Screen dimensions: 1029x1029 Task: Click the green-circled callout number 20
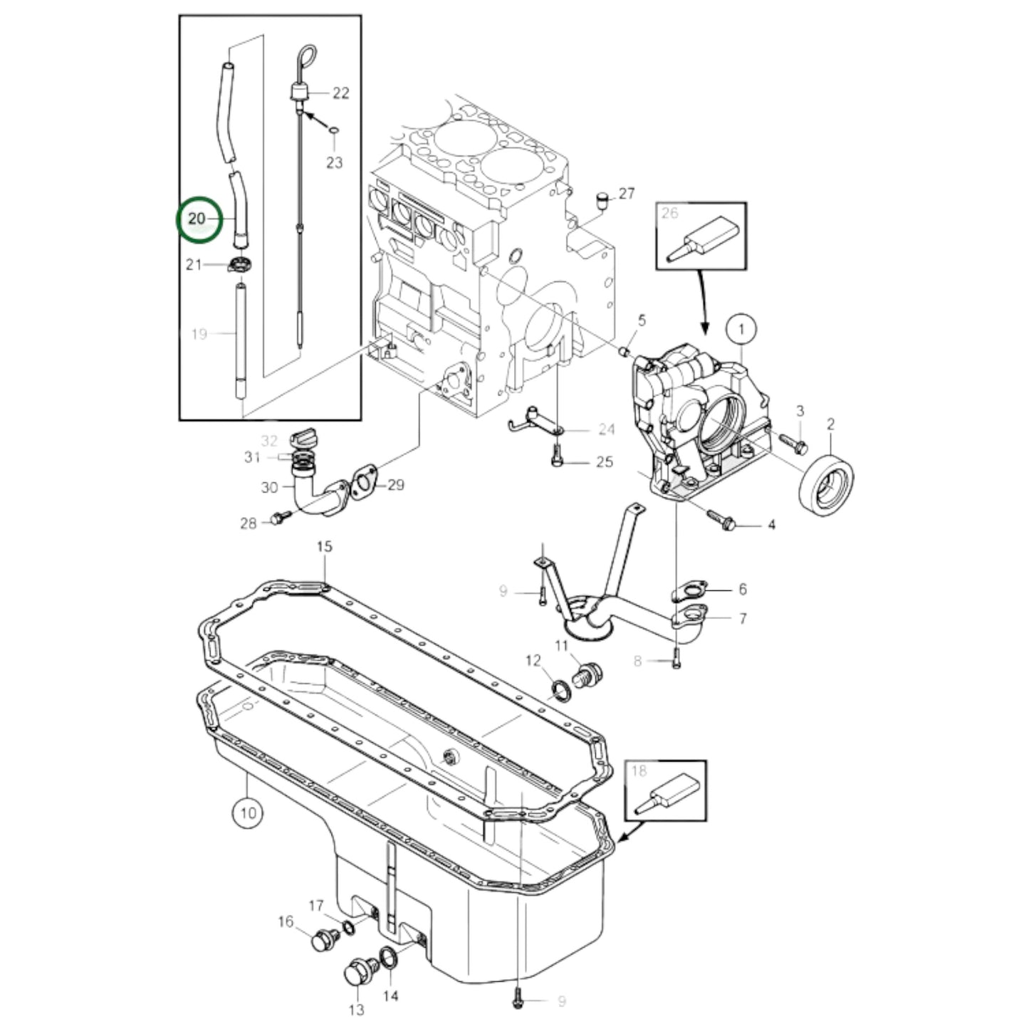[x=197, y=219]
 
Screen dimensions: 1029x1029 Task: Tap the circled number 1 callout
[x=741, y=329]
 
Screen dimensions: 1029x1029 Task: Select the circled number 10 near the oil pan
[x=247, y=812]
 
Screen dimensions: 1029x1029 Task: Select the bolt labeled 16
[x=325, y=940]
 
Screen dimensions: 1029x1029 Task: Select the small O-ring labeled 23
[x=333, y=130]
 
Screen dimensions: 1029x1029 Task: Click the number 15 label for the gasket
[x=324, y=547]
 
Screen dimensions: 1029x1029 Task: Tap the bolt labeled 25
[x=558, y=456]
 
